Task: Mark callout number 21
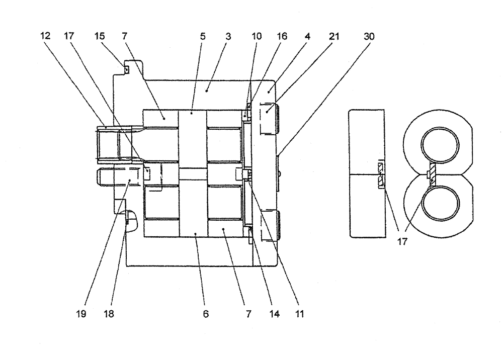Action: [334, 37]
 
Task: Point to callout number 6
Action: [206, 314]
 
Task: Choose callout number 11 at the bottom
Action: [300, 314]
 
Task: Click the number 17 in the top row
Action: [69, 37]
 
